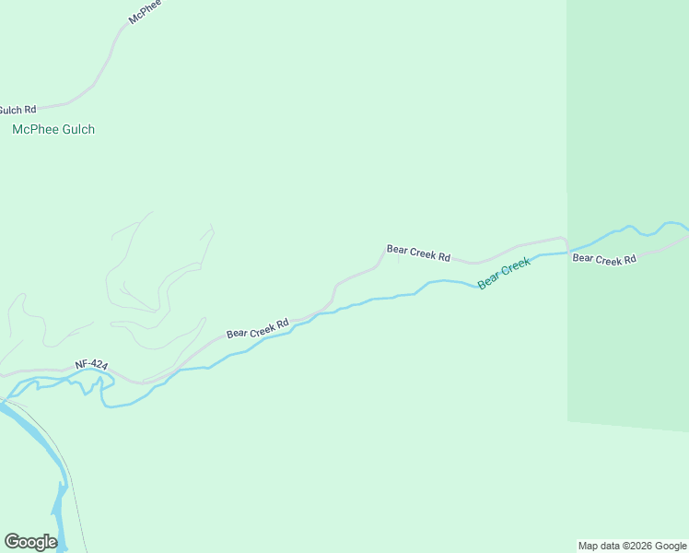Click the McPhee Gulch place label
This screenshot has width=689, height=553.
[x=53, y=130]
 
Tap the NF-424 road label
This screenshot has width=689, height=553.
[x=91, y=366]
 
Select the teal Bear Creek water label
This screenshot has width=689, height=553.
[x=504, y=274]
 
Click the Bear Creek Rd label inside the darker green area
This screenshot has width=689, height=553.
[x=604, y=259]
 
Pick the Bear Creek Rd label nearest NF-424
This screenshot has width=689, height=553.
[x=257, y=328]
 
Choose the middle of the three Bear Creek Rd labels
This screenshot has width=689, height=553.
[x=418, y=253]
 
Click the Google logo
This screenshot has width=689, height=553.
[x=30, y=542]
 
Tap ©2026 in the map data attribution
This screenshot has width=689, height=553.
[x=641, y=546]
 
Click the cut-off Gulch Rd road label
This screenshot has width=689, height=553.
[x=18, y=110]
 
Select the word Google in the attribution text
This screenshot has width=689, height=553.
[x=671, y=546]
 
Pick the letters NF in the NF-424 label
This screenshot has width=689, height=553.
[x=82, y=365]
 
